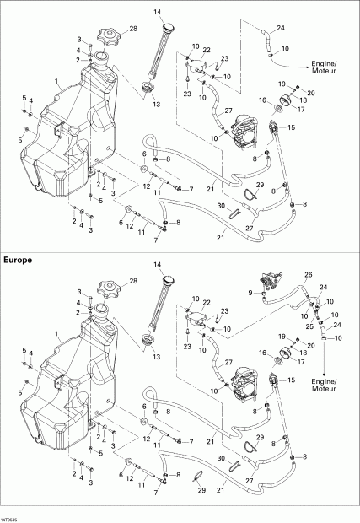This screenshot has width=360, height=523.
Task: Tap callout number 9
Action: [x=250, y=292]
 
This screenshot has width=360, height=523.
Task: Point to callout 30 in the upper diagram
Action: [x=219, y=206]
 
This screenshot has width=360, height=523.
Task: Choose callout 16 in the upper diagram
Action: [x=262, y=100]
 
